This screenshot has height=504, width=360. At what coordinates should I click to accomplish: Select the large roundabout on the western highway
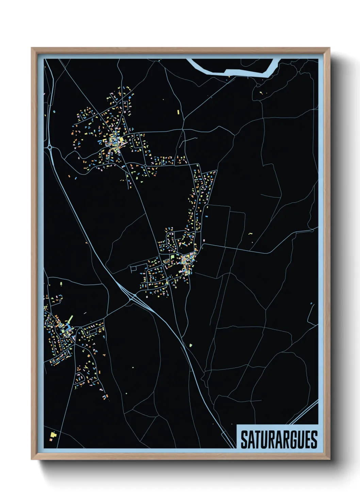(50, 147)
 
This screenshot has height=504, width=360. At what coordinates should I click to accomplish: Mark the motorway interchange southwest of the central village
(131, 298)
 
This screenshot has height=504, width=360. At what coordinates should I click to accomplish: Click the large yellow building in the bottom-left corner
(53, 434)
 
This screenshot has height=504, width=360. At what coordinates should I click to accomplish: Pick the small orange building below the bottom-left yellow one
(51, 440)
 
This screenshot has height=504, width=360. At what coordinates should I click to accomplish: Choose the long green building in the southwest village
(70, 319)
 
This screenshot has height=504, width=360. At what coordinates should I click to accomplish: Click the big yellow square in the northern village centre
(121, 139)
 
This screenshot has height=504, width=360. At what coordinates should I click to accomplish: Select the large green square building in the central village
(173, 256)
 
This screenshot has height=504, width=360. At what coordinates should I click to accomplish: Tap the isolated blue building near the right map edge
(311, 303)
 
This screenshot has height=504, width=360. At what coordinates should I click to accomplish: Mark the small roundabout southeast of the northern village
(145, 165)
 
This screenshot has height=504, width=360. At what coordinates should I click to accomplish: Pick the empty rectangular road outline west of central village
(133, 269)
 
